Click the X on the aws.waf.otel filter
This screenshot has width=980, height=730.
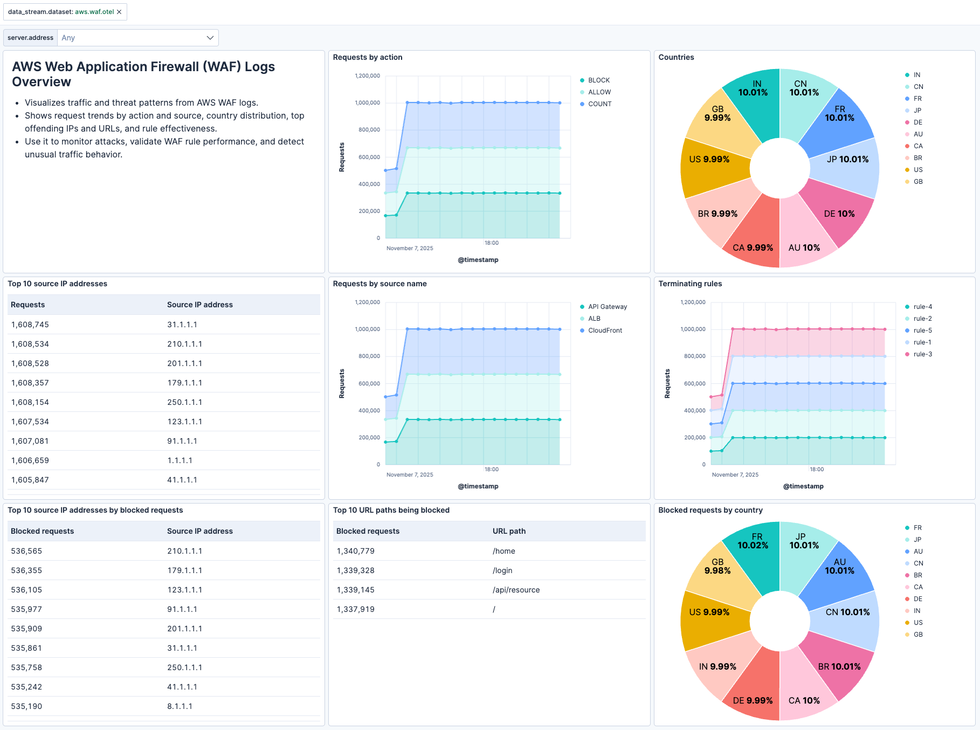pos(119,12)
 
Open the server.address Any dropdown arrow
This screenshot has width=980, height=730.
pos(210,38)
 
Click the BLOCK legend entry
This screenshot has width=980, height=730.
pos(598,80)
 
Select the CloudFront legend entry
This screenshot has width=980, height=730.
pos(605,330)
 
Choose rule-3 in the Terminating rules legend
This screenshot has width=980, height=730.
pos(922,354)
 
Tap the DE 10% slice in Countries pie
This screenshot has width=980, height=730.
pos(839,214)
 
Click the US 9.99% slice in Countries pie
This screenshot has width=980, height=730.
pos(709,160)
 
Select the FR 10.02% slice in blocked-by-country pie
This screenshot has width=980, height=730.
pos(753,541)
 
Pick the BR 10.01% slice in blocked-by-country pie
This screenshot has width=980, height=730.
pos(839,667)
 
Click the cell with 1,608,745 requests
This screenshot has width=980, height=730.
pos(30,325)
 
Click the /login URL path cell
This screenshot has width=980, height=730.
pos(502,570)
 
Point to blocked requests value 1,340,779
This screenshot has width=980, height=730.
pos(355,551)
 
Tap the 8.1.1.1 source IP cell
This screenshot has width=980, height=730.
pos(180,706)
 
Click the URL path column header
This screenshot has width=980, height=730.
pos(509,531)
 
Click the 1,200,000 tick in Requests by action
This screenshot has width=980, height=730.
pos(367,76)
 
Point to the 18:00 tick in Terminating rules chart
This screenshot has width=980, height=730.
pos(816,470)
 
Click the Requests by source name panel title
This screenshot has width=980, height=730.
pos(379,284)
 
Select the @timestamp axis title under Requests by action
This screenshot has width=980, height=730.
pos(478,260)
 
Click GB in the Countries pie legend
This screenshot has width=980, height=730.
pos(917,182)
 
